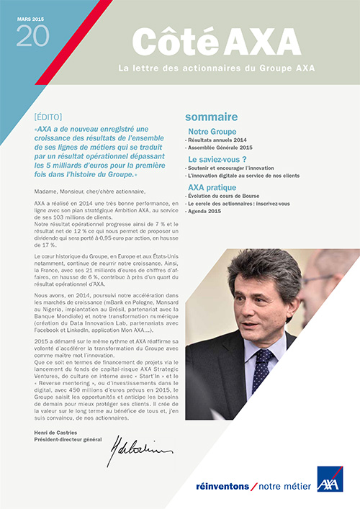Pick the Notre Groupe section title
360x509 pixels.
coord(215,132)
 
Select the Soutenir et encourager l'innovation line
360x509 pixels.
coord(233,168)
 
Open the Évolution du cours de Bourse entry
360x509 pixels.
coord(230,196)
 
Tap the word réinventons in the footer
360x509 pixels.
coord(220,487)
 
